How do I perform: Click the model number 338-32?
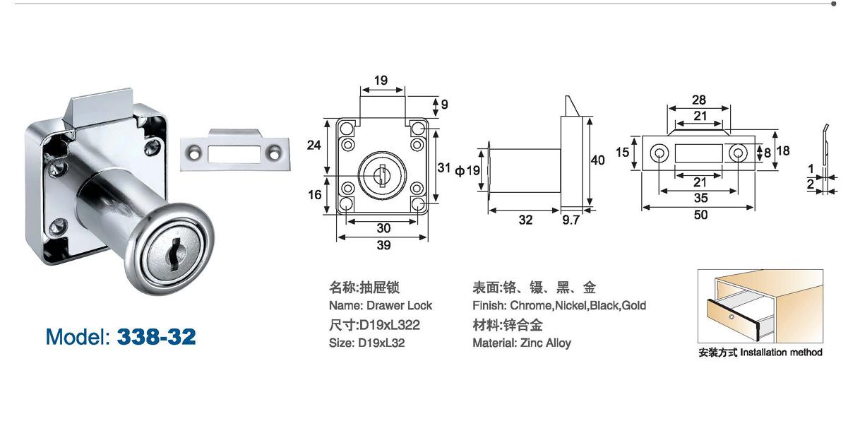tap(156, 336)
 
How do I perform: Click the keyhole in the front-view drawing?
tap(380, 172)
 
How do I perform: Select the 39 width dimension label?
tap(383, 245)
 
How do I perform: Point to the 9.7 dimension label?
tap(571, 220)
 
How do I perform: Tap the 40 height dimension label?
tap(597, 160)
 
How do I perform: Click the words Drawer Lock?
tap(400, 305)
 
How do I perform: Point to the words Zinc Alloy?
tap(545, 343)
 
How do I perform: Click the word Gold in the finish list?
tap(633, 305)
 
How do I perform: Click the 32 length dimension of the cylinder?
tap(525, 220)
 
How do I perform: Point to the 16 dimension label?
tap(315, 195)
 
